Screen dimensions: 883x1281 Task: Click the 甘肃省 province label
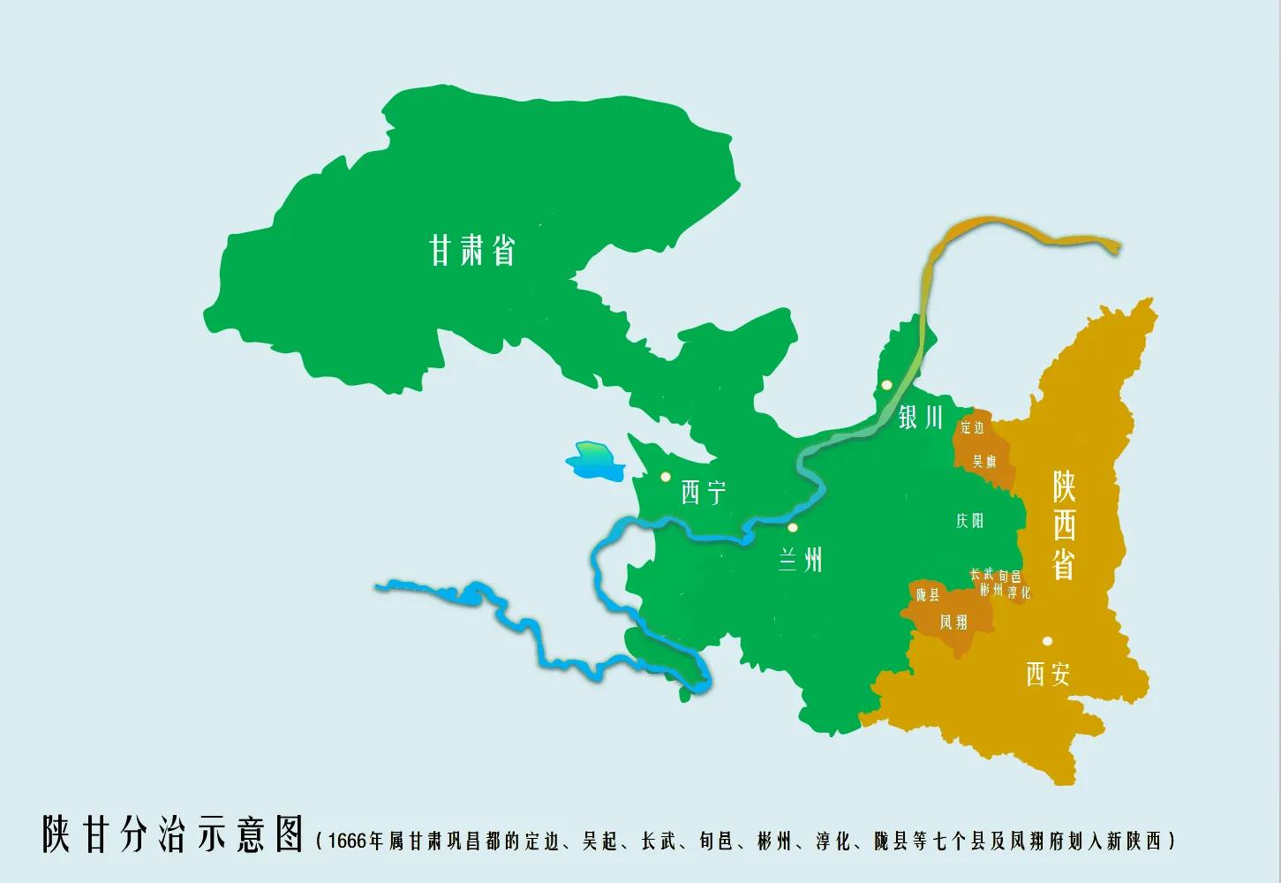click(x=472, y=250)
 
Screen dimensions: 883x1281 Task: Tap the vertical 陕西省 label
click(x=1064, y=525)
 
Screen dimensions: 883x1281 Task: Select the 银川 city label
click(x=922, y=417)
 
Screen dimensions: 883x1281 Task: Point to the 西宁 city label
click(x=704, y=493)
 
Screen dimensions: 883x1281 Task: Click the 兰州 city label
click(x=801, y=560)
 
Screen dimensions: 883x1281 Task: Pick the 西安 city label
click(x=1048, y=675)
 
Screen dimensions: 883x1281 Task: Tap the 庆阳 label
click(x=969, y=521)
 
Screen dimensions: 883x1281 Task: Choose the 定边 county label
click(x=972, y=428)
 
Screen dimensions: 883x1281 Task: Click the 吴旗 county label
click(x=984, y=461)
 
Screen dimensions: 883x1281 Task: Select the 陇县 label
click(x=928, y=595)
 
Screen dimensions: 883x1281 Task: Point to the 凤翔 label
click(x=953, y=622)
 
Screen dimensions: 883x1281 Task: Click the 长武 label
click(x=982, y=575)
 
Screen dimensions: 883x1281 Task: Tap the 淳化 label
click(x=1019, y=592)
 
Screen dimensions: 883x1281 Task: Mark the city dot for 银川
click(x=886, y=385)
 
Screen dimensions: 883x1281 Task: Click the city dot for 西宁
click(x=666, y=477)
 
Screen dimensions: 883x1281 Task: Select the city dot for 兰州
click(x=793, y=527)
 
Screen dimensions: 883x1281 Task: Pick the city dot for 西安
click(x=1047, y=641)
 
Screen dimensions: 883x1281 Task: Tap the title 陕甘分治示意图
click(x=173, y=834)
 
